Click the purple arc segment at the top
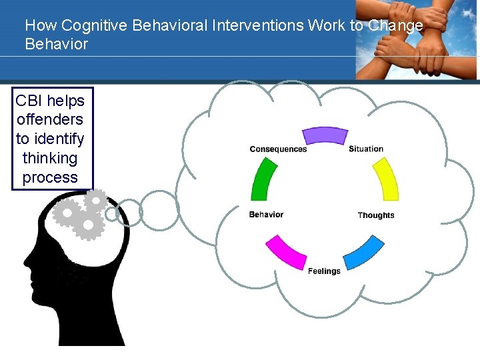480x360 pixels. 325,136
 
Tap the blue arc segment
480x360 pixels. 364,252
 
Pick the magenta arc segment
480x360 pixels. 286,252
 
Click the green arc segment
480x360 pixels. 264,179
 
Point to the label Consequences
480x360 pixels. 278,149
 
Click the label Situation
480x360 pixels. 366,149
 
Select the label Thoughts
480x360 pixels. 376,215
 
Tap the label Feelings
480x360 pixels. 324,271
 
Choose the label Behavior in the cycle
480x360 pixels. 266,215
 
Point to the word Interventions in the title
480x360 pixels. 257,26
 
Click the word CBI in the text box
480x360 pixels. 29,101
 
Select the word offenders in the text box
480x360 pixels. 50,120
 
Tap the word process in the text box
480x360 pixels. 50,178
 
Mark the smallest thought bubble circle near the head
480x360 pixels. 112,213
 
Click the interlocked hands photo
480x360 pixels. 417,40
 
